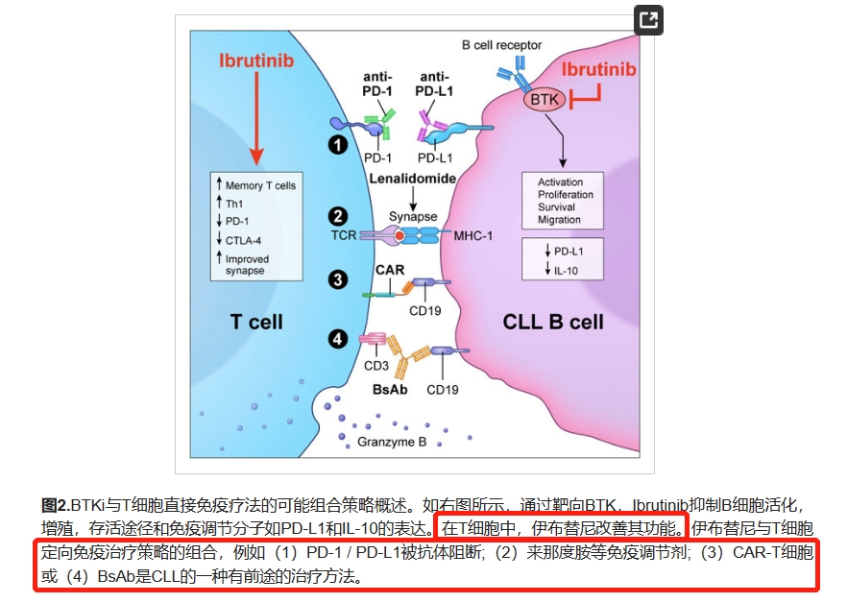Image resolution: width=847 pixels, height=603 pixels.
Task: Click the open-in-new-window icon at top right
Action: click(649, 21)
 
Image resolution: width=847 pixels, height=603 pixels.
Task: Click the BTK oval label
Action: click(544, 99)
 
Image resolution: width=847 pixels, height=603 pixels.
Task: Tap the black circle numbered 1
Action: click(337, 145)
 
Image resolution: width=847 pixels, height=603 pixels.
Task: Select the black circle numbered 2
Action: click(337, 217)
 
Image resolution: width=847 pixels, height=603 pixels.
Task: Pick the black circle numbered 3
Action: click(337, 279)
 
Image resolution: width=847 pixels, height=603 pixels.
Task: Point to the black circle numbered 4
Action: click(337, 338)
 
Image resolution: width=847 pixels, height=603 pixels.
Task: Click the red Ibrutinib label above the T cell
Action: click(255, 61)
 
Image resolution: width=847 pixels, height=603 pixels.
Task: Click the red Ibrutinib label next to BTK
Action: click(598, 69)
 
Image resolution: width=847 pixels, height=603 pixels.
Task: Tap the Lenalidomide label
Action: click(410, 180)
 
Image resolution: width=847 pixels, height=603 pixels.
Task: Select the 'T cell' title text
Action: click(256, 321)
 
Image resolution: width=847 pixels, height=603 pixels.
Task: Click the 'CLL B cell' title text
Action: click(553, 322)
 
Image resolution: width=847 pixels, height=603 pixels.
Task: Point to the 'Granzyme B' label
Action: click(391, 442)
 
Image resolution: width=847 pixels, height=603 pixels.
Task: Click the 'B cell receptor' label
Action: click(501, 44)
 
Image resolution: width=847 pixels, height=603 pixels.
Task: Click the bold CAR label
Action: click(389, 271)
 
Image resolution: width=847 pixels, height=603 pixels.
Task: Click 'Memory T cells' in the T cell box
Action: click(260, 185)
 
